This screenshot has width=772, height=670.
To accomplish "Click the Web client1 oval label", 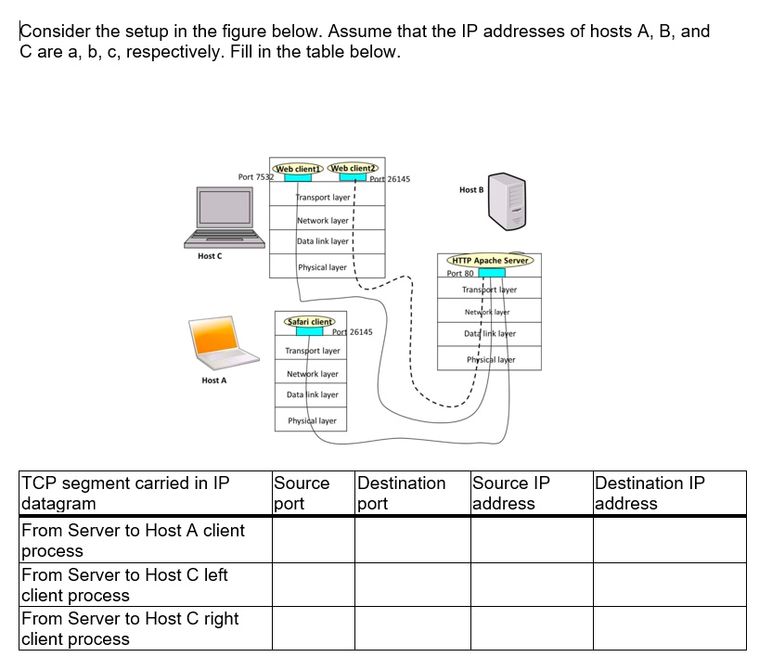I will click(x=295, y=169).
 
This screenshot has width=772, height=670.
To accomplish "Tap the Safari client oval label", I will click(x=310, y=321).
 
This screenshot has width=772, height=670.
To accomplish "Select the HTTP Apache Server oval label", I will click(x=490, y=261).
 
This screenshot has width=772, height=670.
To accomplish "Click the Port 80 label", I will click(x=460, y=274).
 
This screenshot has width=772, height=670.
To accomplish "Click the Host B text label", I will click(x=471, y=190).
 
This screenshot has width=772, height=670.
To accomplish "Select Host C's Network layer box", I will click(x=322, y=221).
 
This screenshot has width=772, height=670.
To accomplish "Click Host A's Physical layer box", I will click(x=312, y=420).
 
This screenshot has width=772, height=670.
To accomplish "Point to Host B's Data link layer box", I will click(x=490, y=333).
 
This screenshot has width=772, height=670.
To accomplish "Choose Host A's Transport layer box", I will click(x=312, y=351).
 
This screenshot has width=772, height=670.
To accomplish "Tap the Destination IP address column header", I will click(x=668, y=494).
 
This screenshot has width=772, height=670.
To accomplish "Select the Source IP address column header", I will click(x=531, y=494).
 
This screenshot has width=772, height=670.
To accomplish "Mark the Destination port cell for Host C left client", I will click(x=412, y=585).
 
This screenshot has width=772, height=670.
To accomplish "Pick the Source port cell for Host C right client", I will click(x=313, y=628).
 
